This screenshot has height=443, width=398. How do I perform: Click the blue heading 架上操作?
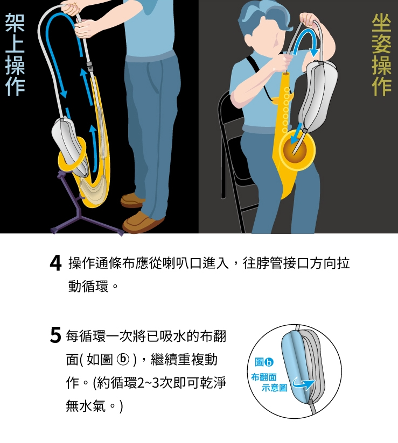coord(15,54)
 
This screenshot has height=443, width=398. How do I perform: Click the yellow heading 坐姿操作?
coord(381,54)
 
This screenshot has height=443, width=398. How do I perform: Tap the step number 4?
coord(55,263)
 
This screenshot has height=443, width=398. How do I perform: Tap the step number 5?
coord(55,335)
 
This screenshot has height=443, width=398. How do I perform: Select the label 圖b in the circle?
coord(264,362)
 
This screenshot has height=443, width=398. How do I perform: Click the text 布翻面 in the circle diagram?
coord(263,377)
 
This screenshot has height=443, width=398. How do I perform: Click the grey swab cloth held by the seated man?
coord(318,96)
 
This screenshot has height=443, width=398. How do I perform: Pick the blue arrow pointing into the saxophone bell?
coord(296,133)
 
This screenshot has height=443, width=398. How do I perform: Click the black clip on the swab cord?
coord(90,67)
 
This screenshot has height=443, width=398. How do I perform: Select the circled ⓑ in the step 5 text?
coord(123,360)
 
